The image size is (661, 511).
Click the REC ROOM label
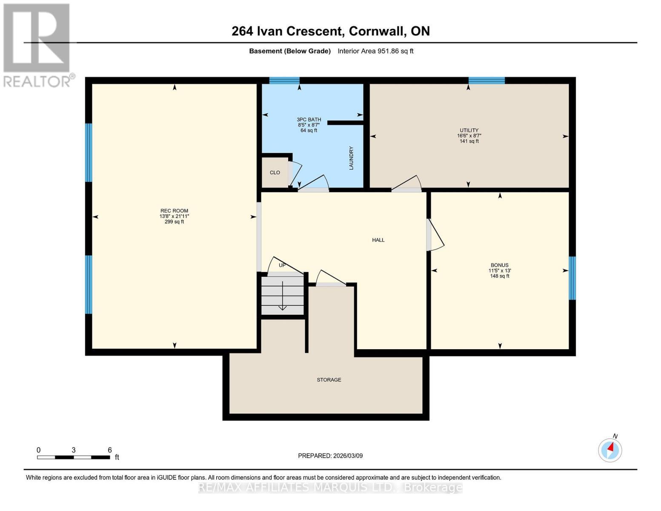point(174,211)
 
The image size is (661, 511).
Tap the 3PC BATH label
point(309,120)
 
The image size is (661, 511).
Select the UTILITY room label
point(469,130)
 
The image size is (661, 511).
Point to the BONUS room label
point(499,265)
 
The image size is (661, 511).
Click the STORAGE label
point(329,380)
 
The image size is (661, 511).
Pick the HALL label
point(378,240)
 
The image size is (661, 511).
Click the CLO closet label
point(275,172)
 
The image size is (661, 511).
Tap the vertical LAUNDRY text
point(351,158)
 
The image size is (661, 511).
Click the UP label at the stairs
point(282,265)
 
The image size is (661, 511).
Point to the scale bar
point(73,457)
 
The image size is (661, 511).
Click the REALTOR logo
point(37,45)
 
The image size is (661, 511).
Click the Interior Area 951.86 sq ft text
point(375,51)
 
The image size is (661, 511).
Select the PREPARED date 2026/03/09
point(330,456)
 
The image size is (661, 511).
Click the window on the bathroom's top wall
point(284,80)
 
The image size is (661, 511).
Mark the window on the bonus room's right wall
point(572,278)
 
